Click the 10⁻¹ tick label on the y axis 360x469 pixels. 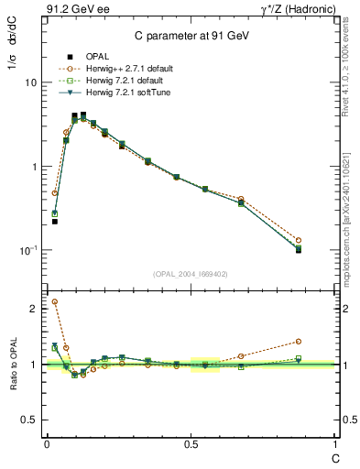[27, 250]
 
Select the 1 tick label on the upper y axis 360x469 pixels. [33, 167]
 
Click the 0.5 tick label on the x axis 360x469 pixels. [191, 444]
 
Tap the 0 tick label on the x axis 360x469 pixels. [47, 444]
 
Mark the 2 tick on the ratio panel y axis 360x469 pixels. [34, 309]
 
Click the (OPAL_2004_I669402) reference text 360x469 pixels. [191, 272]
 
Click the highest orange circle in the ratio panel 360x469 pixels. [55, 301]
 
